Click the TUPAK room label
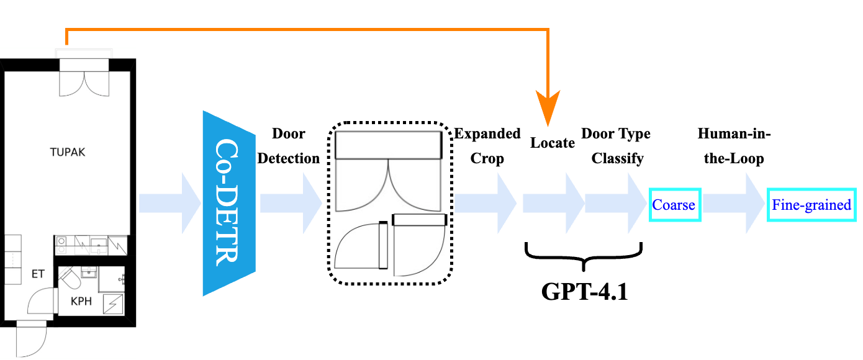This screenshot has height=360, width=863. pyautogui.click(x=68, y=152)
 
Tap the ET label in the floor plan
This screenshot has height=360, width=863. pyautogui.click(x=38, y=274)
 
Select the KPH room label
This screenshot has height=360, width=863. pyautogui.click(x=81, y=302)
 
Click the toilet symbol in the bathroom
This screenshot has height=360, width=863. pyautogui.click(x=71, y=278)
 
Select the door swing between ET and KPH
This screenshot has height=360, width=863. pyautogui.click(x=38, y=304)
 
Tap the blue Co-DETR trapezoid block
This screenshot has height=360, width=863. pyautogui.click(x=228, y=203)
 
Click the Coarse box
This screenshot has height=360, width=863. pyautogui.click(x=675, y=204)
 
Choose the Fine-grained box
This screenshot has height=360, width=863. pyautogui.click(x=811, y=204)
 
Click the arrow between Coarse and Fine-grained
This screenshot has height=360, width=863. pyautogui.click(x=733, y=203)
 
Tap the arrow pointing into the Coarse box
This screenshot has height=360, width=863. pyautogui.click(x=615, y=203)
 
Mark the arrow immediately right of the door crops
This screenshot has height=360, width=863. pyautogui.click(x=485, y=203)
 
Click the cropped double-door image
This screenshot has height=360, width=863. pyautogui.click(x=389, y=171)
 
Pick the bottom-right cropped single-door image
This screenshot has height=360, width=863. pyautogui.click(x=419, y=246)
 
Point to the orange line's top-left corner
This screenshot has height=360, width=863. pyautogui.click(x=66, y=29)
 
